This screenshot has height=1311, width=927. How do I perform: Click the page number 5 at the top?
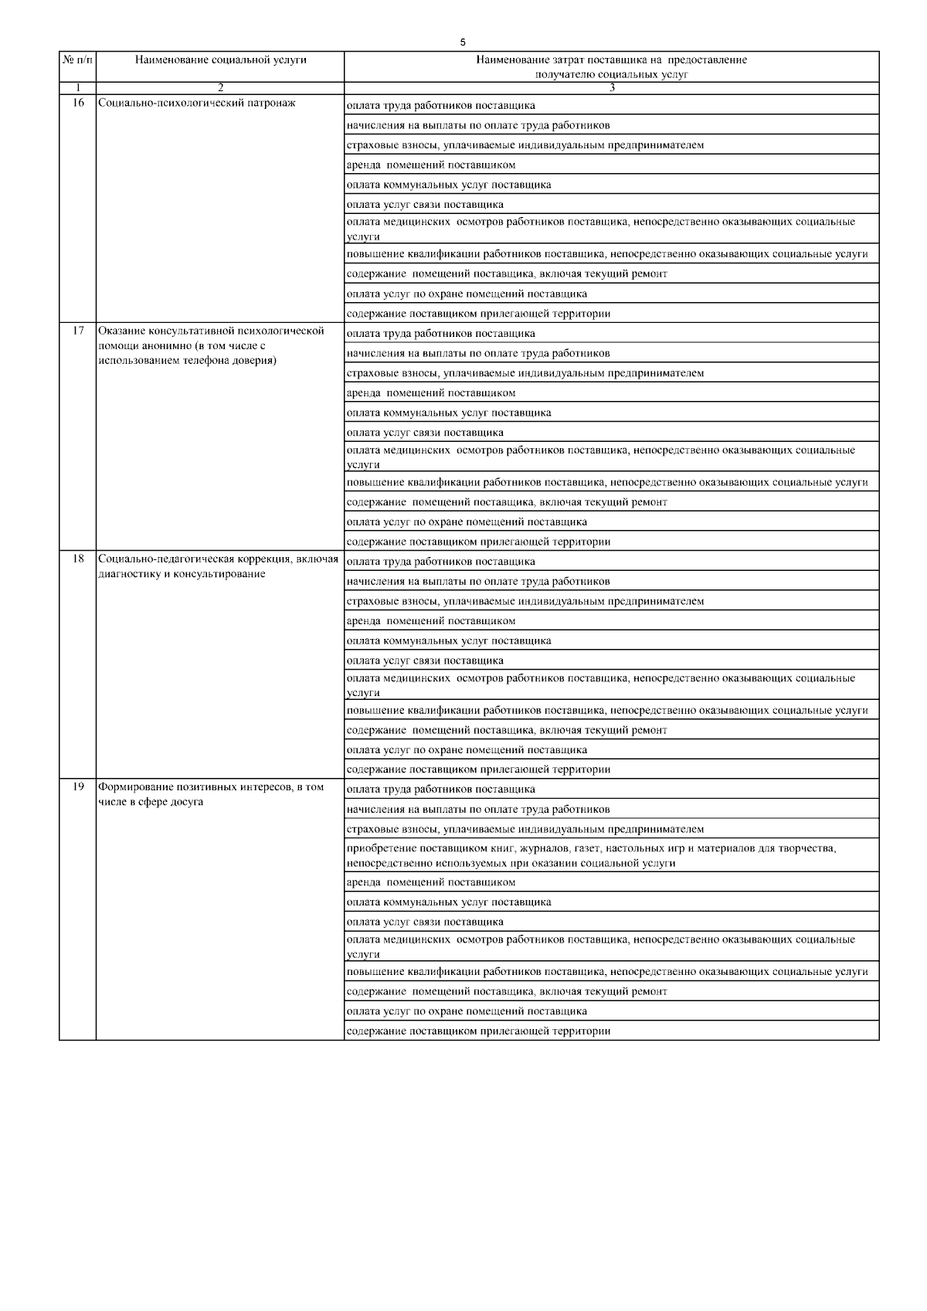pos(462,42)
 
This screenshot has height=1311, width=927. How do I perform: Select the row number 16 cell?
pos(78,103)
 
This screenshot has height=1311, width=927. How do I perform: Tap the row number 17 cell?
pos(78,331)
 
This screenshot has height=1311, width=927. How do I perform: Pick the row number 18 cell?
pos(78,559)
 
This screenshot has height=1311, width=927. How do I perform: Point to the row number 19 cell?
pos(78,786)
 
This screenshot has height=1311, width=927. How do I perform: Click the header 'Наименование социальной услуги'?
pos(220,60)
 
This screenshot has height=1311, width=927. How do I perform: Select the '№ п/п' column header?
pos(77,60)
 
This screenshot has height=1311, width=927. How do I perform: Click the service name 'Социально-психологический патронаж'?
pos(197,103)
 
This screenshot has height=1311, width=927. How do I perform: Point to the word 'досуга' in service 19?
pos(187,801)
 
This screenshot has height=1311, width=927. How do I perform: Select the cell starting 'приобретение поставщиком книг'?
pos(592,855)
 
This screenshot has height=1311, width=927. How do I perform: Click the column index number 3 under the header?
pos(612,87)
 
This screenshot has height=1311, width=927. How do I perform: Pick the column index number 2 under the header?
pos(220,87)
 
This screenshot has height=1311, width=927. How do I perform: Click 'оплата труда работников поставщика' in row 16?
pos(441,105)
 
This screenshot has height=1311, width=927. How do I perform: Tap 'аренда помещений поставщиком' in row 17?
pos(431,392)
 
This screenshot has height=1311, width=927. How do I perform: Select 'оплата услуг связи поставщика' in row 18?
pos(425,661)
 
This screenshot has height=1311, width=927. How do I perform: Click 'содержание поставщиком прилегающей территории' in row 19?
pos(479,1031)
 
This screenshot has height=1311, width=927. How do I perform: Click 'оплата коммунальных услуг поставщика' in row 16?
pos(449,185)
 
